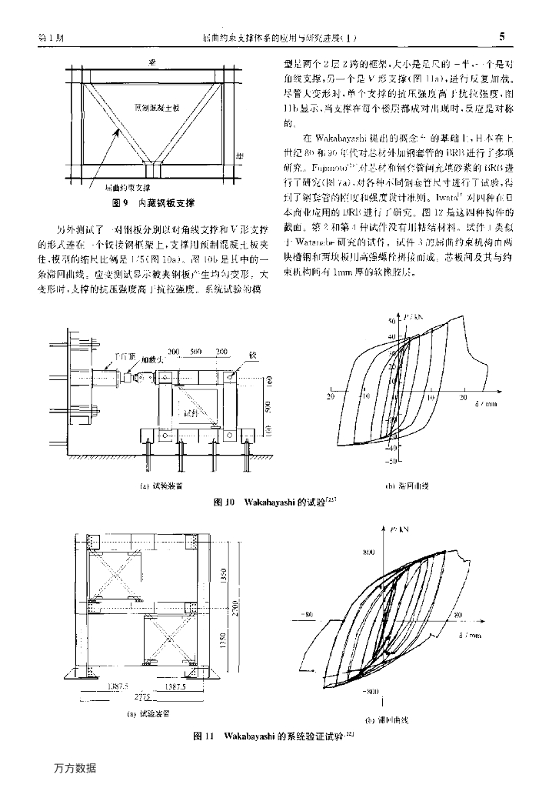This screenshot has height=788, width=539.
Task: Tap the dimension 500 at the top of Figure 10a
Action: click(x=195, y=352)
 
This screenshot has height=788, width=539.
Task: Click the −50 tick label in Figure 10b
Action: click(x=390, y=460)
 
